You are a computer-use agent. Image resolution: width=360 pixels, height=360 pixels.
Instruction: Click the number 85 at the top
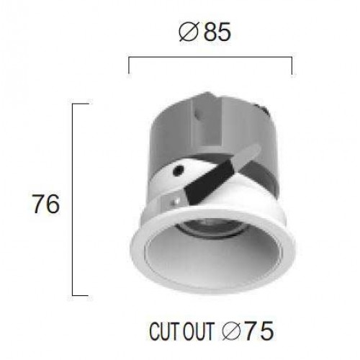coord(218,33)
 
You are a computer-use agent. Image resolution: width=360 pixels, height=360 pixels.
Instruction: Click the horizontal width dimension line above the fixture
coord(210,57)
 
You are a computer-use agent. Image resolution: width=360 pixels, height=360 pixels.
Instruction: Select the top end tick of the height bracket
coord(81,104)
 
